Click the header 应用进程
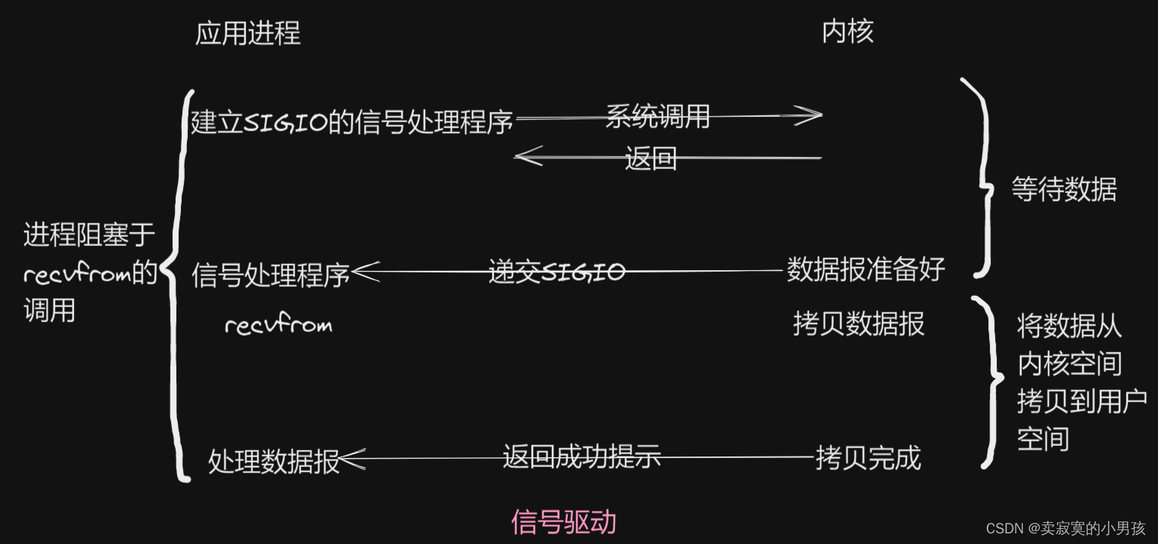(x=248, y=32)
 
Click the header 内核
(x=847, y=31)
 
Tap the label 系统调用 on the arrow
(x=657, y=116)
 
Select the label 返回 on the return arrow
(x=651, y=159)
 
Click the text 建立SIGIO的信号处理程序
(x=352, y=121)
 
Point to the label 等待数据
(x=1064, y=189)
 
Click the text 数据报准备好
(x=865, y=269)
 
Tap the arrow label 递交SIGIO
(x=556, y=272)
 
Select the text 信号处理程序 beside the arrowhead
(x=271, y=275)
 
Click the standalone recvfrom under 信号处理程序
(x=278, y=325)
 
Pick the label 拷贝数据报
(x=859, y=324)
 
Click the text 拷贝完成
(x=868, y=457)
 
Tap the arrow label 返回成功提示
(x=581, y=456)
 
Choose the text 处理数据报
(x=274, y=461)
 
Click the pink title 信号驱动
(x=563, y=521)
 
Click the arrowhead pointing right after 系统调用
(x=808, y=115)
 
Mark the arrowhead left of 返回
(x=528, y=157)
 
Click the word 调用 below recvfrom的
(x=50, y=310)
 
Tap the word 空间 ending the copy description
(x=1043, y=438)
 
